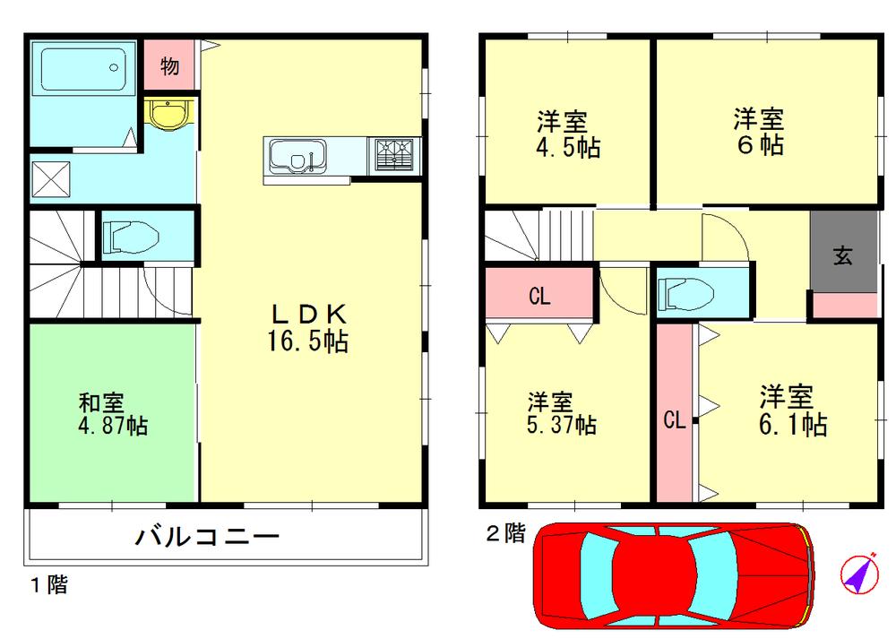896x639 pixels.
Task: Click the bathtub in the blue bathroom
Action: [x=82, y=66]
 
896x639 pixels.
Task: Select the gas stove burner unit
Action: [x=394, y=155]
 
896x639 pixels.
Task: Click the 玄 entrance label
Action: [x=843, y=255]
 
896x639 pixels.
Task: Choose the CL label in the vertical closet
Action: [x=675, y=420]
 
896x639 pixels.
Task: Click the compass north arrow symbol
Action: [x=860, y=574]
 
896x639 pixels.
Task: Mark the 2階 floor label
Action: [x=505, y=534]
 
